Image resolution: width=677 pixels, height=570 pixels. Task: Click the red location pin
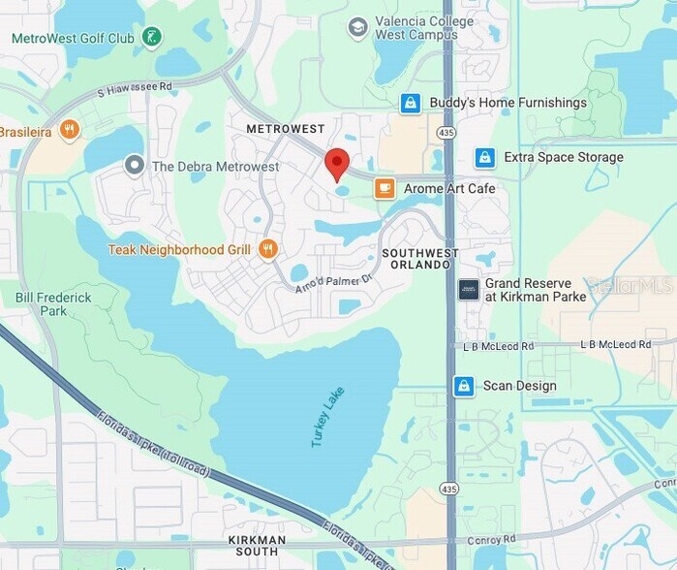(x=336, y=165)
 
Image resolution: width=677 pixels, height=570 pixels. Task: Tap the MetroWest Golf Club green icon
(x=151, y=38)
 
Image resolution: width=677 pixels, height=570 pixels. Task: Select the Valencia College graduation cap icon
(x=358, y=27)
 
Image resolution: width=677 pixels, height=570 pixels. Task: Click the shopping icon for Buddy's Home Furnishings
(x=411, y=103)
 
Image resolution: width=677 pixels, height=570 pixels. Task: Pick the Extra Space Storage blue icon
(x=485, y=157)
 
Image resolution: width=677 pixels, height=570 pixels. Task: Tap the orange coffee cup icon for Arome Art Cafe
(x=385, y=188)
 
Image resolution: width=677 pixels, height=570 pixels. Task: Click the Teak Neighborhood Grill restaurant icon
(x=268, y=249)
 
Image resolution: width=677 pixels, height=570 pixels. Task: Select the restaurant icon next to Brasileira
(x=68, y=130)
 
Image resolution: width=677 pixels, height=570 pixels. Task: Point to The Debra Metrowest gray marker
(x=135, y=166)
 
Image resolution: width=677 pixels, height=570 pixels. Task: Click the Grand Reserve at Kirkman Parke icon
(x=469, y=290)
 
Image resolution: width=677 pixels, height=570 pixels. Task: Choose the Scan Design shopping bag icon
(x=464, y=386)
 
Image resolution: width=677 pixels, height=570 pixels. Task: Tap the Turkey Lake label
(x=327, y=417)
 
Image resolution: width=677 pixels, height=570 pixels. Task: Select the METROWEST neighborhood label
(x=286, y=129)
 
